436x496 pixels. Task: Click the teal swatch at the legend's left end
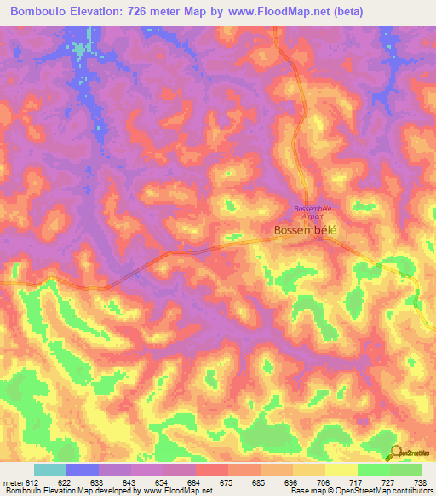50,470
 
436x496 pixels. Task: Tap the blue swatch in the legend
83,470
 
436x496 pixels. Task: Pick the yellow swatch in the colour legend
341,470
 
